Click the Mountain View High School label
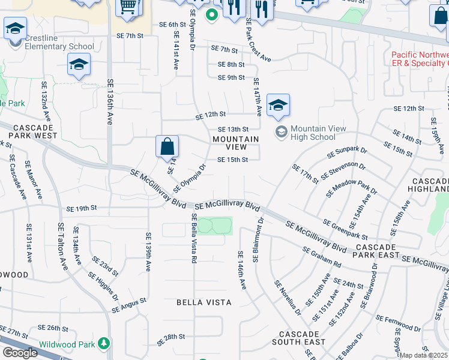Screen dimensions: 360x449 coord(312,133)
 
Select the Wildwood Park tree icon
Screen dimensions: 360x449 coord(105,343)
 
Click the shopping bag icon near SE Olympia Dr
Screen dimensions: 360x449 coord(167,146)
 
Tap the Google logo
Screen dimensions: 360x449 coord(20,353)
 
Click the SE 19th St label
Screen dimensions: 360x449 coord(82,208)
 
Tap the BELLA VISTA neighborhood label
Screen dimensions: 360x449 coord(203,302)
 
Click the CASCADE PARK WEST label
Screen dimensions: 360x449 coord(35,132)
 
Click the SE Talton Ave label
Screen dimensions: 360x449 coord(61,246)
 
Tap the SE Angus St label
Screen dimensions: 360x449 coord(129,305)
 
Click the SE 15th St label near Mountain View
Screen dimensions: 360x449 coord(232,160)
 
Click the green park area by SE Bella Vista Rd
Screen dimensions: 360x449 coord(214,226)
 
